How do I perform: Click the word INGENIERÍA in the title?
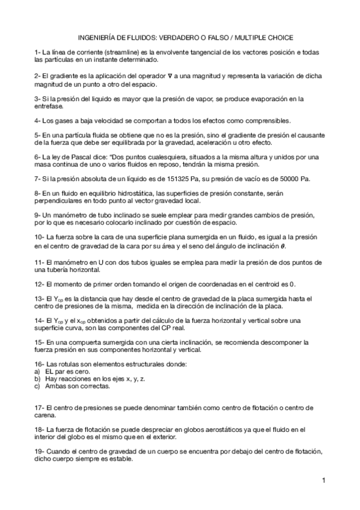(x=97, y=37)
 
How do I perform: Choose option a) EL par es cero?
(x=60, y=372)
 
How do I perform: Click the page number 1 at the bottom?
(x=323, y=480)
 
